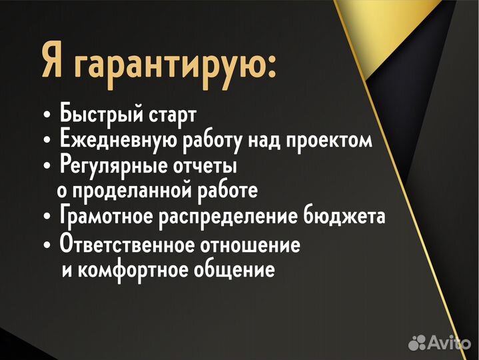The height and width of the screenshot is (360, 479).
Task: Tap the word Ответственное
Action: coord(126,245)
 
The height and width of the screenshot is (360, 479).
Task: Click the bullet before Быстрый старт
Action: coord(46,115)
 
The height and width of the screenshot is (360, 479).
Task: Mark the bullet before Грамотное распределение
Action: coord(46,218)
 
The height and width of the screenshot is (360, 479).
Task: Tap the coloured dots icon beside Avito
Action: coord(417,343)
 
